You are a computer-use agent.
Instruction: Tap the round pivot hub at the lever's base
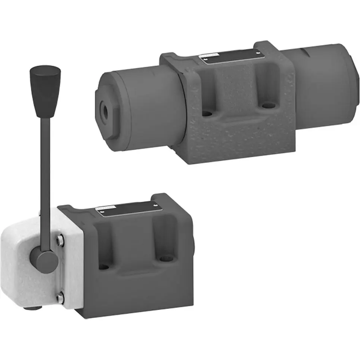pyautogui.click(x=44, y=259)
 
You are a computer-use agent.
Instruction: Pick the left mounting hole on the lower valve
pyautogui.click(x=103, y=266)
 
